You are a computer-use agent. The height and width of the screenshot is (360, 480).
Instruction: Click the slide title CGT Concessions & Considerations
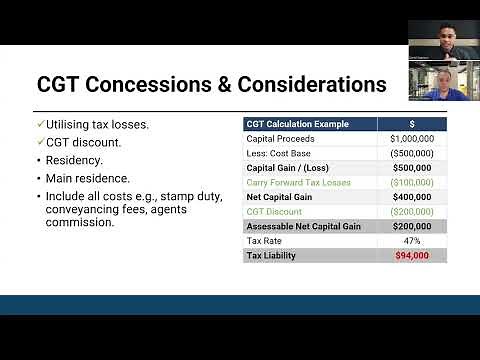pos(211,84)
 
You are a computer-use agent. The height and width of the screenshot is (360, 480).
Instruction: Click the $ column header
pos(412,125)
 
